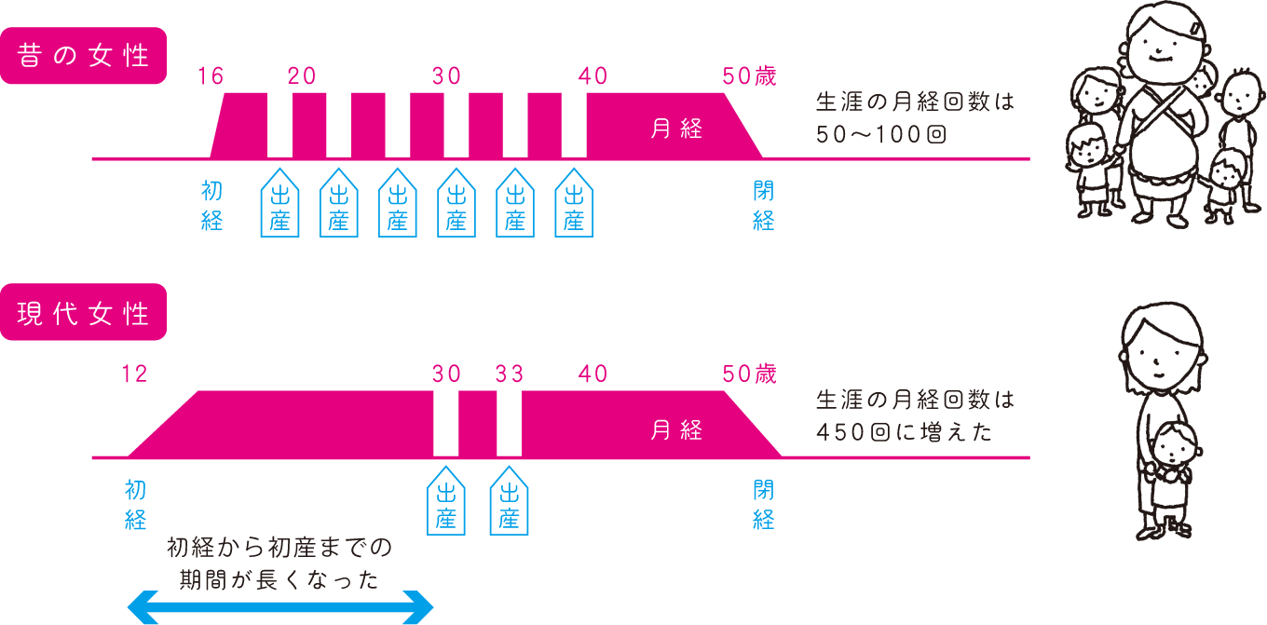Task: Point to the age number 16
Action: click(211, 76)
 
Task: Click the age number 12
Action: click(134, 374)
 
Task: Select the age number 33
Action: click(509, 374)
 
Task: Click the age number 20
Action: click(301, 76)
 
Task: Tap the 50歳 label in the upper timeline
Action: click(749, 76)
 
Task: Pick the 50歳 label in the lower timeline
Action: click(749, 374)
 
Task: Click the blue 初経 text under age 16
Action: click(211, 206)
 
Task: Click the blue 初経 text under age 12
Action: click(135, 504)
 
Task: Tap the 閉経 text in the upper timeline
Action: click(764, 206)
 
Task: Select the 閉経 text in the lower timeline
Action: click(764, 504)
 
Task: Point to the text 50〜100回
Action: click(880, 133)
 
